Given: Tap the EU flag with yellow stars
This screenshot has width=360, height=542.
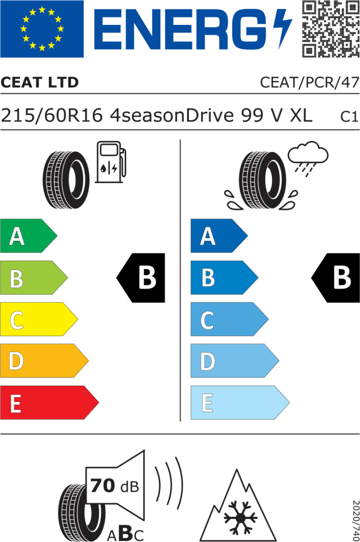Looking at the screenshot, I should pyautogui.click(x=42, y=29).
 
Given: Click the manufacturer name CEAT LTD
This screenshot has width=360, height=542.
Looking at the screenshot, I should pyautogui.click(x=40, y=83).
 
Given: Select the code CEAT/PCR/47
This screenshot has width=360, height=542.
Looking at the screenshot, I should pyautogui.click(x=309, y=83).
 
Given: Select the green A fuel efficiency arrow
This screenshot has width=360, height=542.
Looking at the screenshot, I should pyautogui.click(x=27, y=236).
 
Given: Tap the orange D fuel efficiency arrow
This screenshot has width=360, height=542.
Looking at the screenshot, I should pyautogui.click(x=43, y=361).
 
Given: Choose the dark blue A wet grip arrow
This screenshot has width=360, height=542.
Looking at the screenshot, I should pyautogui.click(x=218, y=236).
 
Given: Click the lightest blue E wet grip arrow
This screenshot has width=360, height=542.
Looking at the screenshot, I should pyautogui.click(x=239, y=402).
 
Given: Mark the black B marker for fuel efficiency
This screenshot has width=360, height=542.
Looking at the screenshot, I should pyautogui.click(x=142, y=278).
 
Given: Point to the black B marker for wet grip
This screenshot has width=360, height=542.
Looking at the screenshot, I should pyautogui.click(x=337, y=278).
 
